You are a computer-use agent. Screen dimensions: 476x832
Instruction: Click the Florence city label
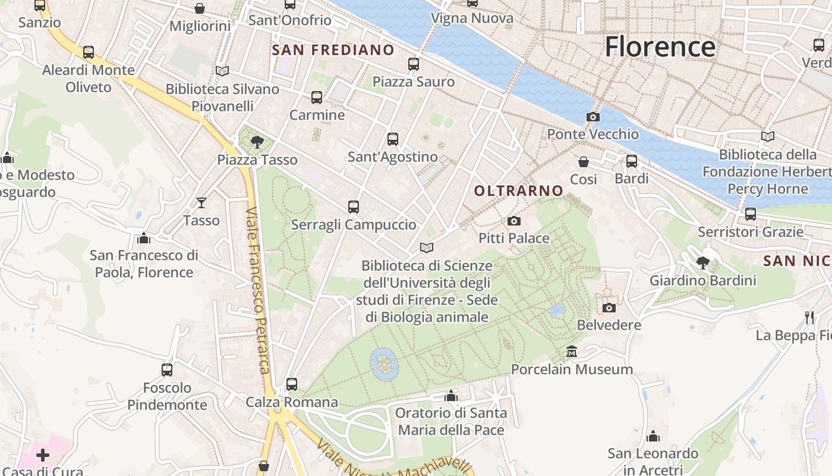(660, 46)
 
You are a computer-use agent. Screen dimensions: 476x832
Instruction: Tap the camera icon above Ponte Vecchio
(593, 117)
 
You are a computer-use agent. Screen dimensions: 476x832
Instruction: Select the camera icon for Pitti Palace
(514, 221)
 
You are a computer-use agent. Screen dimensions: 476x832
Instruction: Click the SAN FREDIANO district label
(333, 50)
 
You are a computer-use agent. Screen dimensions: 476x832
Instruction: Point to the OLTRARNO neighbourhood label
(519, 191)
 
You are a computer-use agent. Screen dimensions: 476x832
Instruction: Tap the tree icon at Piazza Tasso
(257, 142)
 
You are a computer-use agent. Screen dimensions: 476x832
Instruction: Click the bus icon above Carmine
(317, 97)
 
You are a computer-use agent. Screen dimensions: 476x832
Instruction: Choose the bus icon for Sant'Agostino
(393, 139)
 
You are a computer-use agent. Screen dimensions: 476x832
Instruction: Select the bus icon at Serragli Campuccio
(354, 207)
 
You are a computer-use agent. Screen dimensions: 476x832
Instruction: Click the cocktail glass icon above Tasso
(201, 203)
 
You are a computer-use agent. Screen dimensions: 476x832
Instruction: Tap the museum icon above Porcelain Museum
(572, 352)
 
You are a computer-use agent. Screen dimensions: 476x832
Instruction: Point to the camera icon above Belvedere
(609, 308)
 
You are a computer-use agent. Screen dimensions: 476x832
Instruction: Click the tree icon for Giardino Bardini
(703, 262)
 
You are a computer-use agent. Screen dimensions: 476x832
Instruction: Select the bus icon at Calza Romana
(292, 384)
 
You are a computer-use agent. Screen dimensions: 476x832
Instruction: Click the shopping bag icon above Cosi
(584, 162)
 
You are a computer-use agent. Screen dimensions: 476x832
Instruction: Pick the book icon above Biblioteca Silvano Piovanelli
(222, 71)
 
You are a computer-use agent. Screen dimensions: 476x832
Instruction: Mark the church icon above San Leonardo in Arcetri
(653, 436)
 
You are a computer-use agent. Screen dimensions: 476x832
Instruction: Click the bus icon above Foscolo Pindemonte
(167, 370)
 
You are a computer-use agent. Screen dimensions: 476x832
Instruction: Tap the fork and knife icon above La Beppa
(809, 318)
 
